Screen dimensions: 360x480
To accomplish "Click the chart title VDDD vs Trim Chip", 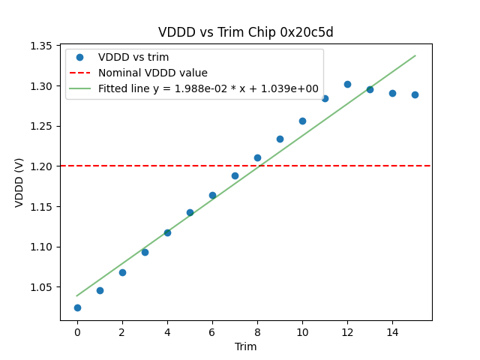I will click(245, 33).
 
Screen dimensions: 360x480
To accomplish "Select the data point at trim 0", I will click(77, 307).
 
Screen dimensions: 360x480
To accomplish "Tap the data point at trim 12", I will click(347, 84).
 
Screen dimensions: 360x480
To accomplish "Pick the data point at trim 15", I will click(415, 94).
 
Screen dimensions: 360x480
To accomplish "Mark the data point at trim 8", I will click(257, 157).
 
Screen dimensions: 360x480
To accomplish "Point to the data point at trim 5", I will click(190, 212).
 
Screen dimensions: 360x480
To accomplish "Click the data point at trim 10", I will click(302, 121).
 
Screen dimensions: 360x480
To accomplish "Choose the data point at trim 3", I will click(145, 252).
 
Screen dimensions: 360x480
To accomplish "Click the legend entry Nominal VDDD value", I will click(153, 73).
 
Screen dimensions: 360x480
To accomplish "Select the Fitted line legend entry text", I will click(208, 88).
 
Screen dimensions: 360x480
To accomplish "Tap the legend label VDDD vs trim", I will click(133, 57).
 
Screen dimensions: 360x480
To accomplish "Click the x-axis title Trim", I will click(245, 346).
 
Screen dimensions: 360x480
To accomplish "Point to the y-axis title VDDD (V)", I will click(20, 182).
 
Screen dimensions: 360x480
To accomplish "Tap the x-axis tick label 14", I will click(392, 332).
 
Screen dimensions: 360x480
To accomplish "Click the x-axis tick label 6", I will click(212, 332).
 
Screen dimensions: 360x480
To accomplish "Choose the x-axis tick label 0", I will click(77, 332).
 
